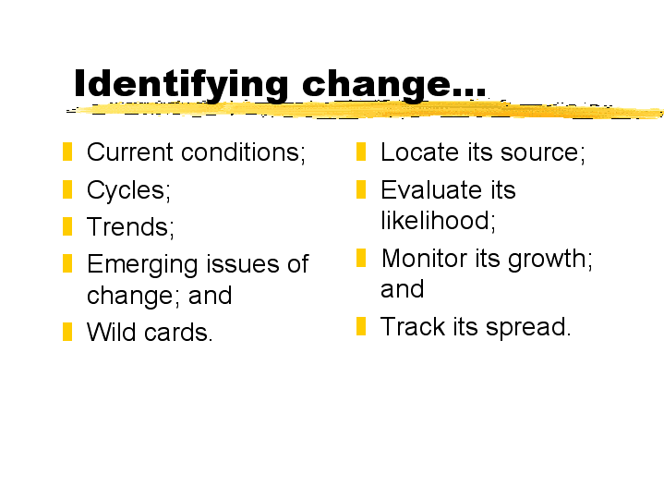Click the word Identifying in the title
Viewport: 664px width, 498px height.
click(x=181, y=85)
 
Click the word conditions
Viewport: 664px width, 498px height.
click(x=243, y=152)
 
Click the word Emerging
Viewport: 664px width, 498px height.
click(x=143, y=265)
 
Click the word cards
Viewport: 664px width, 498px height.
click(x=178, y=332)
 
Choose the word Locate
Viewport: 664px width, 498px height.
click(x=419, y=152)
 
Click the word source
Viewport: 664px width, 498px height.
click(x=542, y=152)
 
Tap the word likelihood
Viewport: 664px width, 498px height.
click(x=438, y=221)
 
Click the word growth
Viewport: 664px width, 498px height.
click(x=550, y=260)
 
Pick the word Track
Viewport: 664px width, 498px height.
click(x=413, y=326)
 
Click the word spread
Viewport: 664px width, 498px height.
click(x=528, y=327)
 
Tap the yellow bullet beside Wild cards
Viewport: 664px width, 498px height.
click(x=67, y=332)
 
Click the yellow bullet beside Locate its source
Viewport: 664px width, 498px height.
click(x=361, y=152)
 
